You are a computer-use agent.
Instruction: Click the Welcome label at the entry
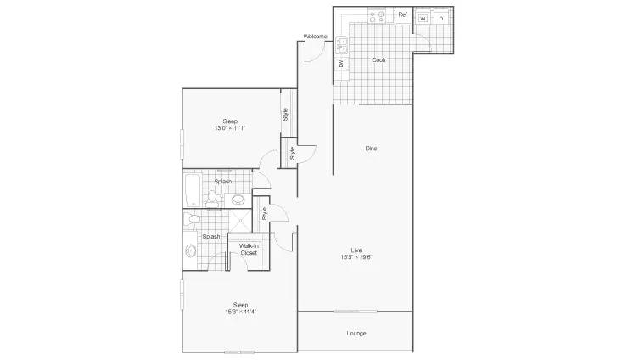click(315, 37)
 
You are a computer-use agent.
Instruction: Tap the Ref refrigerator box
click(402, 14)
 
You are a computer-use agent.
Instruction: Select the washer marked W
click(423, 19)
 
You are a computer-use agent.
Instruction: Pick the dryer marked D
click(441, 19)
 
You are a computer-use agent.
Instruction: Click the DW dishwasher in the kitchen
click(341, 63)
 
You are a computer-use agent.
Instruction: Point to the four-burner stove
click(377, 17)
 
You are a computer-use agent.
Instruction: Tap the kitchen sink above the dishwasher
click(341, 45)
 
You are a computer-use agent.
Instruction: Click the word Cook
click(378, 60)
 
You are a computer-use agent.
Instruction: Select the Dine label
click(371, 149)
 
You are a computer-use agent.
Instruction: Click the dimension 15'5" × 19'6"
click(357, 257)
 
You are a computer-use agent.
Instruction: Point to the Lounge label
click(356, 334)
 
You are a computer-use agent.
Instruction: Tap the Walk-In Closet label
click(249, 250)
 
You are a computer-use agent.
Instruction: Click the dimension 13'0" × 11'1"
click(230, 128)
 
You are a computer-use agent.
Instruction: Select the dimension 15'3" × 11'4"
click(240, 312)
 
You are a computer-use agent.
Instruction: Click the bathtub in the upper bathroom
click(193, 190)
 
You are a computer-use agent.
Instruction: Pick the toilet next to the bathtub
click(211, 198)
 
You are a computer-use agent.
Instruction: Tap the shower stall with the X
click(240, 222)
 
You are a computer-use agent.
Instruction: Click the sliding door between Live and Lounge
click(356, 312)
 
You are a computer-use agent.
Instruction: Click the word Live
click(356, 250)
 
